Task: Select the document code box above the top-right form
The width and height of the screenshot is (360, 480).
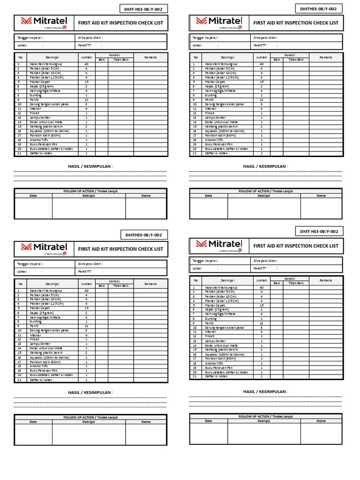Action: coord(319,8)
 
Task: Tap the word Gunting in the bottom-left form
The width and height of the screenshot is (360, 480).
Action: coord(36,321)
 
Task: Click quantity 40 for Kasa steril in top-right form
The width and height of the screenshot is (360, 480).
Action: coord(261,64)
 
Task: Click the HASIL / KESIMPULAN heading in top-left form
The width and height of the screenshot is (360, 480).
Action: coord(90,166)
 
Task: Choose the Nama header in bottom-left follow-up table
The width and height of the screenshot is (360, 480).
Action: coord(146,421)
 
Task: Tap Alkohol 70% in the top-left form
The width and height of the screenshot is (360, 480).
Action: coord(39,140)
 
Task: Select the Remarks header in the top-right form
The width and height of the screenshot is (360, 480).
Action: coord(325,57)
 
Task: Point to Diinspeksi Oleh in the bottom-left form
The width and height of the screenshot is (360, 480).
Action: coord(90,263)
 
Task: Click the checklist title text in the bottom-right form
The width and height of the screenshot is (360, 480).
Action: coord(295,246)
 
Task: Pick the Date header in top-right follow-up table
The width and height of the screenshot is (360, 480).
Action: coord(209,195)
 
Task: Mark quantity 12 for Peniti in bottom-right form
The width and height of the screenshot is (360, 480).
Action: coord(261,323)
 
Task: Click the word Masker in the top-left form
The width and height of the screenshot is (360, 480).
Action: coord(36,109)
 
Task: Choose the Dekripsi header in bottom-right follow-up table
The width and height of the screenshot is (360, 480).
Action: coord(263,421)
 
